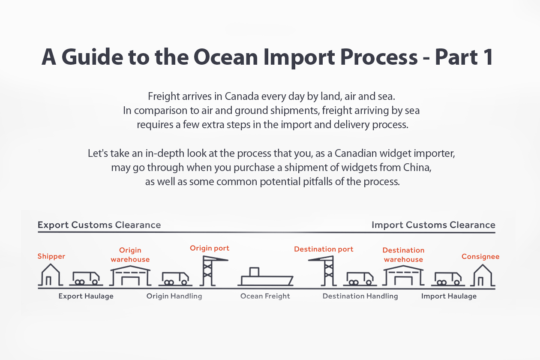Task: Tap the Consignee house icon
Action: (x=483, y=275)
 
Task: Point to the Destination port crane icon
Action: (x=325, y=270)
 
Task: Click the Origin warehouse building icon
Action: (x=130, y=275)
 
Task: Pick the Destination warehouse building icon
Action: (x=403, y=275)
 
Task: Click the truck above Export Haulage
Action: (x=86, y=278)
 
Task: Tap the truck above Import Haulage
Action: (x=448, y=278)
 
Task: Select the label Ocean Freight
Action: (x=265, y=296)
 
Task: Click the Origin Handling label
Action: (x=174, y=296)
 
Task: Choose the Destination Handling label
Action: (x=360, y=296)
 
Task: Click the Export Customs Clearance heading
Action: (x=99, y=225)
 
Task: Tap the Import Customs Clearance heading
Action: (x=433, y=225)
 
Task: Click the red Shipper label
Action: (x=51, y=256)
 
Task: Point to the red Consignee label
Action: (x=480, y=257)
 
